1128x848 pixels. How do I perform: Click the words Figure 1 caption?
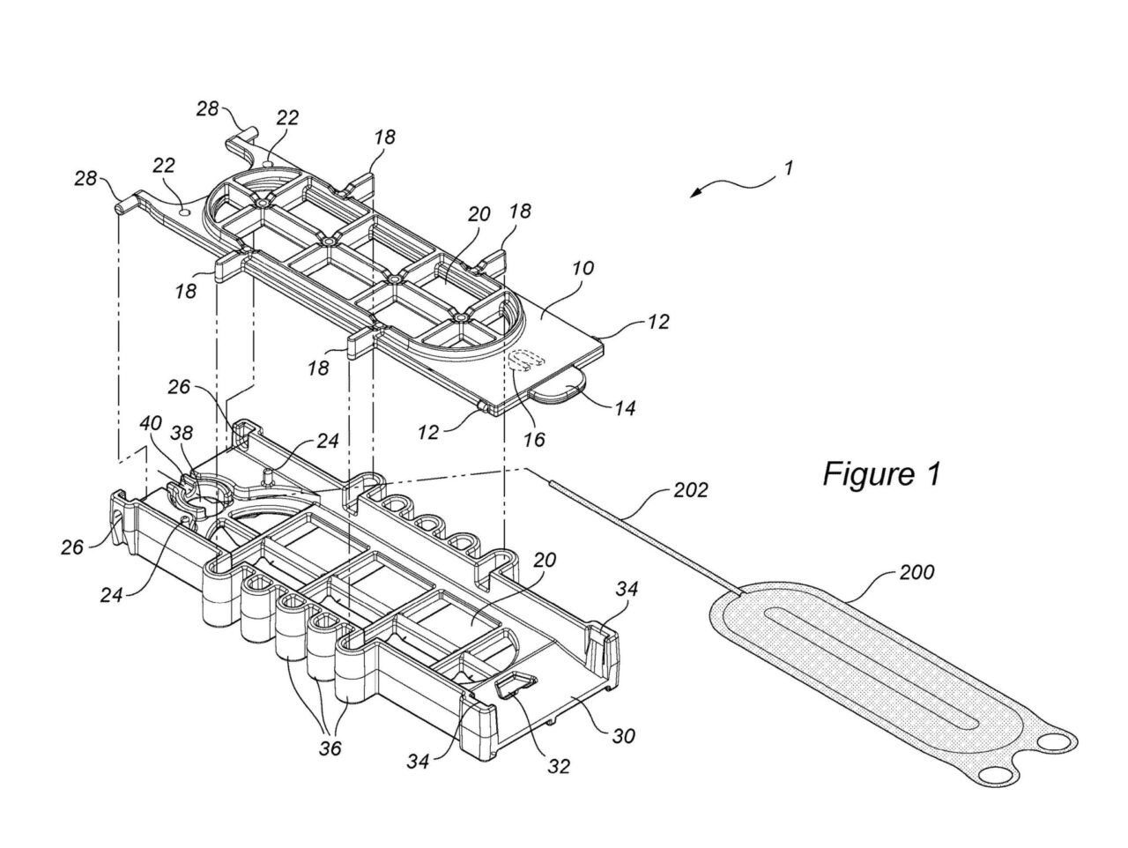point(881,474)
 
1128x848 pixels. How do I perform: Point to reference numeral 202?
point(690,490)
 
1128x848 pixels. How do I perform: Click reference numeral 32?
point(558,765)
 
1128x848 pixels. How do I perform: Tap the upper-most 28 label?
point(208,108)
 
